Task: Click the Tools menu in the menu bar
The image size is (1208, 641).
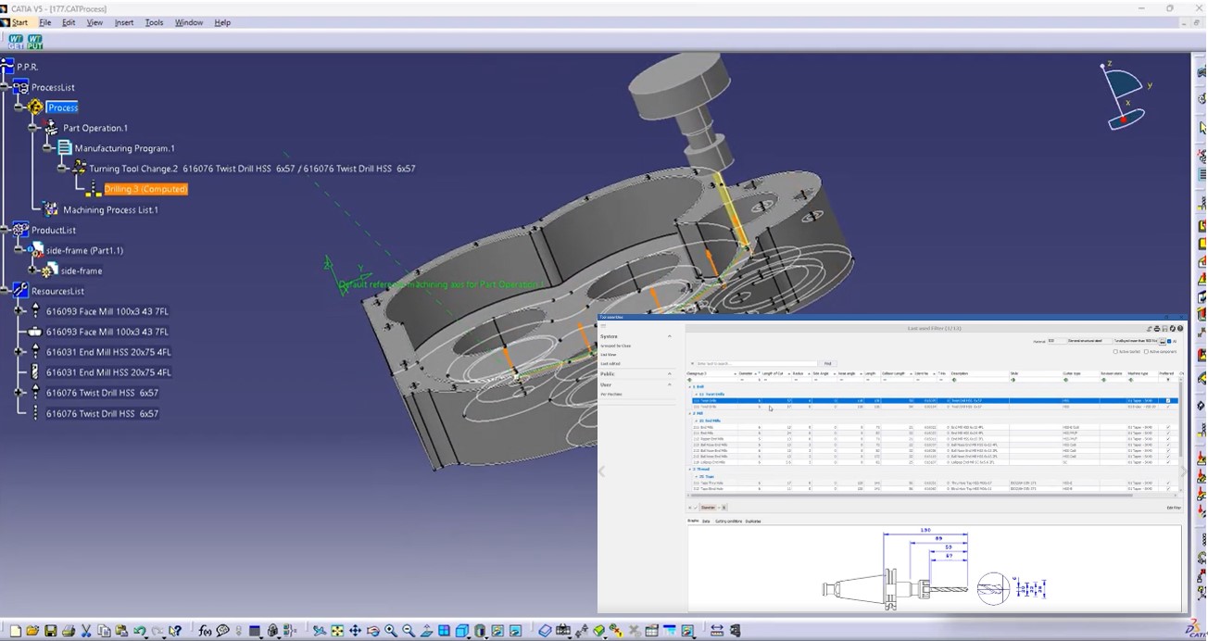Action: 154,22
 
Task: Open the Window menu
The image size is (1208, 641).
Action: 189,22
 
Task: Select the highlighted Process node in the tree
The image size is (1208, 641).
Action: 63,107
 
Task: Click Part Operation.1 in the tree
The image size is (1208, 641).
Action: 95,128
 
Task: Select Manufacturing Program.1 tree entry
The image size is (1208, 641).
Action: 124,148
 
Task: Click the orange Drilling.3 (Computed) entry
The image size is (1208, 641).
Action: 145,189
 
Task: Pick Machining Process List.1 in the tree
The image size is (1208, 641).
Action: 110,209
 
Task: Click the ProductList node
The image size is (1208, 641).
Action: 54,230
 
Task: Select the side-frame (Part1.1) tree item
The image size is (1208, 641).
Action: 84,250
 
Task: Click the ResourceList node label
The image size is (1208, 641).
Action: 57,291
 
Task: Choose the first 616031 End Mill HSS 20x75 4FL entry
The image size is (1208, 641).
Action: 108,352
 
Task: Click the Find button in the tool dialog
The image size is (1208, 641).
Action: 827,363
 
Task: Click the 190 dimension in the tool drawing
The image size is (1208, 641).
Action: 924,531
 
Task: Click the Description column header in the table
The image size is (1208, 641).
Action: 960,374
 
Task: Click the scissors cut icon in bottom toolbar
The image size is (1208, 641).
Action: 86,631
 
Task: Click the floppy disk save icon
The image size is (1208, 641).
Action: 51,631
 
